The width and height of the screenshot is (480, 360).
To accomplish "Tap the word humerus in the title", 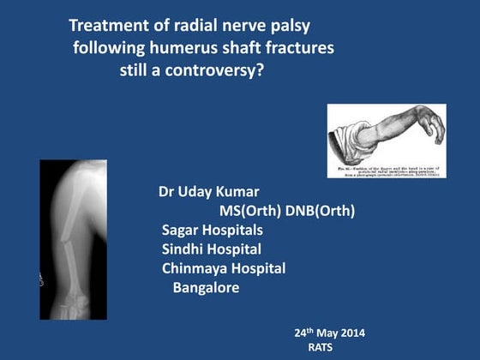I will click(183, 48).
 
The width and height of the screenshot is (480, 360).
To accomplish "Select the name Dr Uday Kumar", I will click(209, 189).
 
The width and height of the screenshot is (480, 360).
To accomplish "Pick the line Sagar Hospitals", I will click(213, 230).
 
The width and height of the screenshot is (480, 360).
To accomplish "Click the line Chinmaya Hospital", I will click(224, 269).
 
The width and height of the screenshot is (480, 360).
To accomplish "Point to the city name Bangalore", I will click(206, 288).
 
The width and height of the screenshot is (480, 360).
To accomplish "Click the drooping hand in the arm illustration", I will click(435, 129).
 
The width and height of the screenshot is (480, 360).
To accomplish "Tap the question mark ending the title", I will click(261, 70).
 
